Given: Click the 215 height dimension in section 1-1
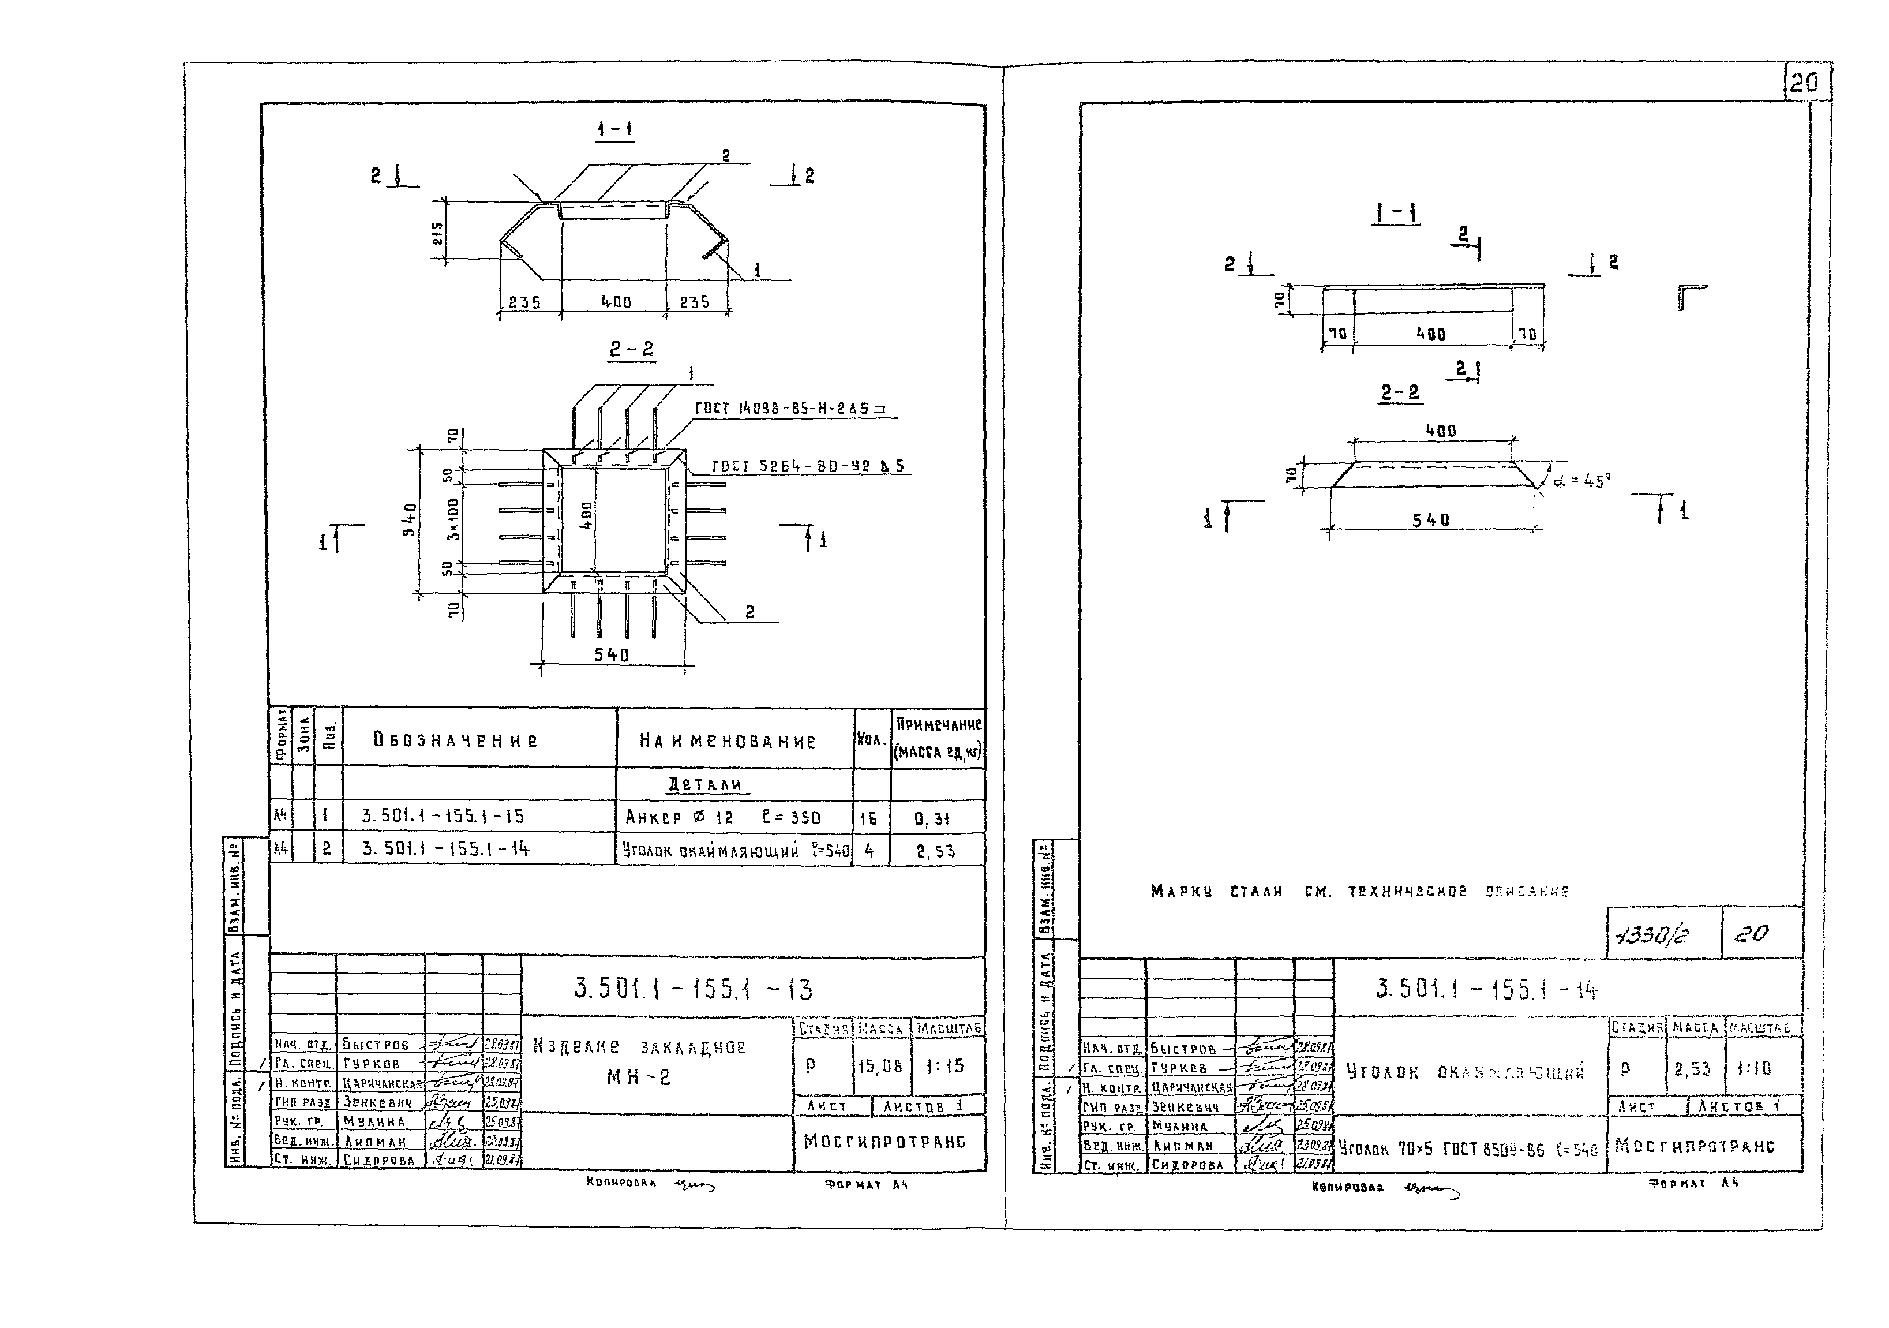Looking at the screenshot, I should [x=438, y=233].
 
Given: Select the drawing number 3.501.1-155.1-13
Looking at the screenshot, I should [x=693, y=989].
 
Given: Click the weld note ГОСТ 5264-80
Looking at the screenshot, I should [x=807, y=466].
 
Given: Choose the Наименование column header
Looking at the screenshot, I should [x=728, y=742].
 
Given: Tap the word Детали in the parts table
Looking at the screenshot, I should [x=704, y=784].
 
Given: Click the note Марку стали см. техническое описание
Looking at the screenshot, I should [x=1359, y=891].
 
